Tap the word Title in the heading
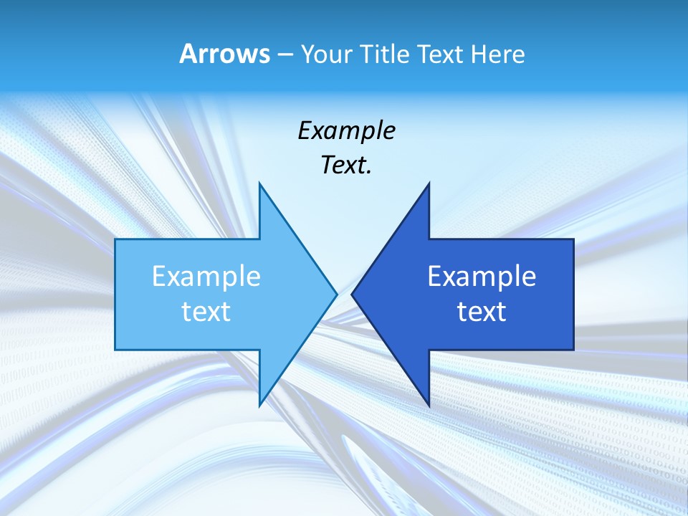(384, 54)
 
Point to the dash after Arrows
(284, 54)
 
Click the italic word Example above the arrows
(346, 130)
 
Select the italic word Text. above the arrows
(346, 166)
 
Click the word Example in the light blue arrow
(206, 277)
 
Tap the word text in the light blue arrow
(206, 312)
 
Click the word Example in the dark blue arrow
(482, 277)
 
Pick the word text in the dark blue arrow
(482, 312)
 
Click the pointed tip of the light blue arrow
(336, 294)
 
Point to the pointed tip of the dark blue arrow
(352, 294)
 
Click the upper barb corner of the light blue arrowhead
(259, 183)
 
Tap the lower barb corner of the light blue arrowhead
(259, 406)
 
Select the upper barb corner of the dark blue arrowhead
(429, 183)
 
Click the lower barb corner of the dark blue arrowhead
(429, 406)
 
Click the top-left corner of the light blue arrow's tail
(116, 240)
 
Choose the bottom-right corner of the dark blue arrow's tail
(573, 349)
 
